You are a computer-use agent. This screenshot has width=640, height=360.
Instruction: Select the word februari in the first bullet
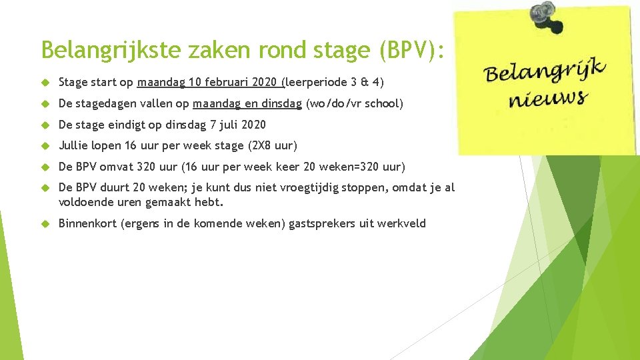[231, 83]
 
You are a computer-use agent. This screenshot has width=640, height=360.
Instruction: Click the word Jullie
[73, 145]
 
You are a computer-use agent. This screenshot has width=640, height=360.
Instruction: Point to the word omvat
[117, 167]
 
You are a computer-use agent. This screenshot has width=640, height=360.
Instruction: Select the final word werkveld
[401, 223]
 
